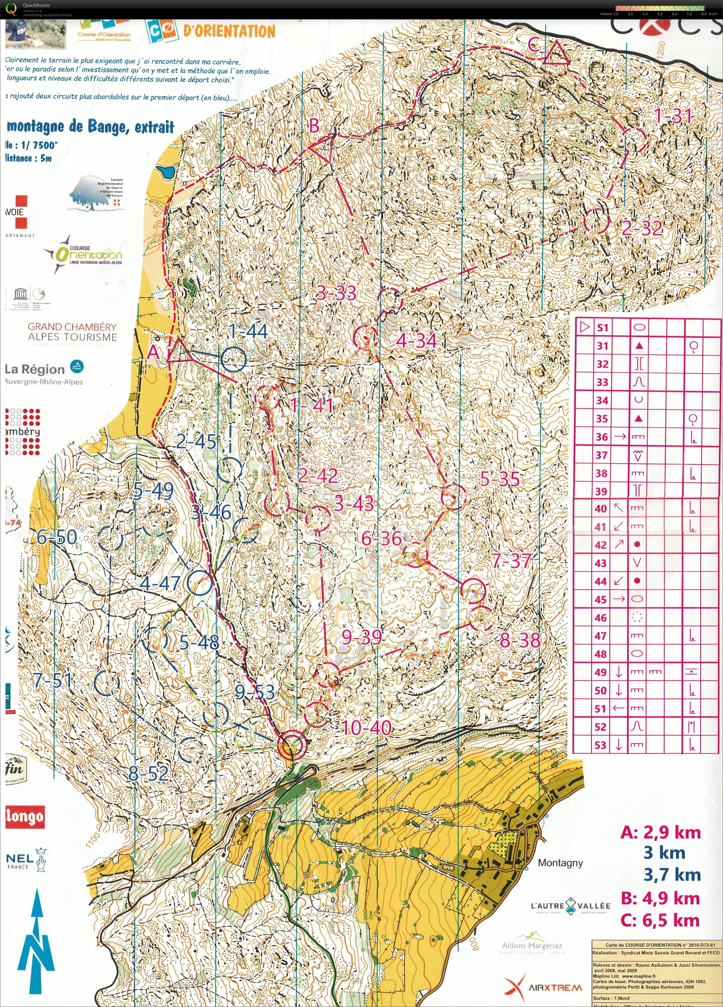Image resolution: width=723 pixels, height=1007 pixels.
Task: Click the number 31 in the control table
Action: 602,346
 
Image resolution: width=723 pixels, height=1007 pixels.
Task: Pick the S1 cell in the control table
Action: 602,328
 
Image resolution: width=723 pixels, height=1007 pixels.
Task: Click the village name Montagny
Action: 560,863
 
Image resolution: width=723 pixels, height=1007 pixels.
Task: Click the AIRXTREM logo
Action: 543,988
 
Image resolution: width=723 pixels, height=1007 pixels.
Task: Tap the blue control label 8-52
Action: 148,773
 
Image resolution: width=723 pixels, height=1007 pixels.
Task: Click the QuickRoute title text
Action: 36,5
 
